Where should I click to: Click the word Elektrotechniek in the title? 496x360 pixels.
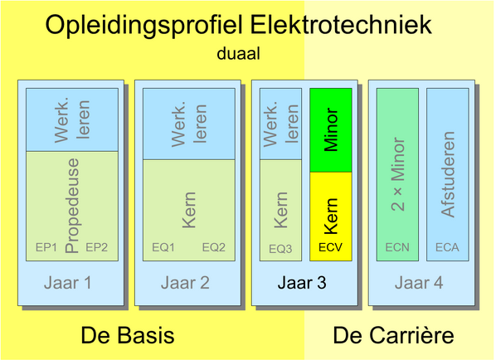pyautogui.click(x=341, y=25)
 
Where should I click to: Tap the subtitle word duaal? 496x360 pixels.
pyautogui.click(x=239, y=53)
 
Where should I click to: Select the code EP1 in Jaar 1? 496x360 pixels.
pyautogui.click(x=46, y=247)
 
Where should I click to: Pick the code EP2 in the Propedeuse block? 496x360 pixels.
pyautogui.click(x=96, y=247)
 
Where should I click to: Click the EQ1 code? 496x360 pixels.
pyautogui.click(x=163, y=247)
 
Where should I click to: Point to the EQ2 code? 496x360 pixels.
pyautogui.click(x=214, y=247)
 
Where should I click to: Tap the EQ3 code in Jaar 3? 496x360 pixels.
pyautogui.click(x=280, y=249)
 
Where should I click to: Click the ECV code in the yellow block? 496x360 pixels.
pyautogui.click(x=331, y=247)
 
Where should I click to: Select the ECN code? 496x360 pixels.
pyautogui.click(x=397, y=247)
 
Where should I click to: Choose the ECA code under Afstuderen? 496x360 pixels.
pyautogui.click(x=447, y=247)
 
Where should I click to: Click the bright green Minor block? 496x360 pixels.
pyautogui.click(x=331, y=130)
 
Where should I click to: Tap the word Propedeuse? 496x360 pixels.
pyautogui.click(x=72, y=206)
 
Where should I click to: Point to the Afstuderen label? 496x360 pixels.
pyautogui.click(x=448, y=174)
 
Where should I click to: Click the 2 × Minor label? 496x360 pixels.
pyautogui.click(x=397, y=174)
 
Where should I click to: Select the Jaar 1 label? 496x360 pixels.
pyautogui.click(x=68, y=283)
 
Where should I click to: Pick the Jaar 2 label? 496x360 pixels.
pyautogui.click(x=185, y=283)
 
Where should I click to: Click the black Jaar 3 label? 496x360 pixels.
pyautogui.click(x=302, y=283)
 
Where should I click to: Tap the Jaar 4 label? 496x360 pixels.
pyautogui.click(x=419, y=283)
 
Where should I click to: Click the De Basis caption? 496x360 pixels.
pyautogui.click(x=128, y=335)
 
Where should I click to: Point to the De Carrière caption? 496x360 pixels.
pyautogui.click(x=393, y=335)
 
